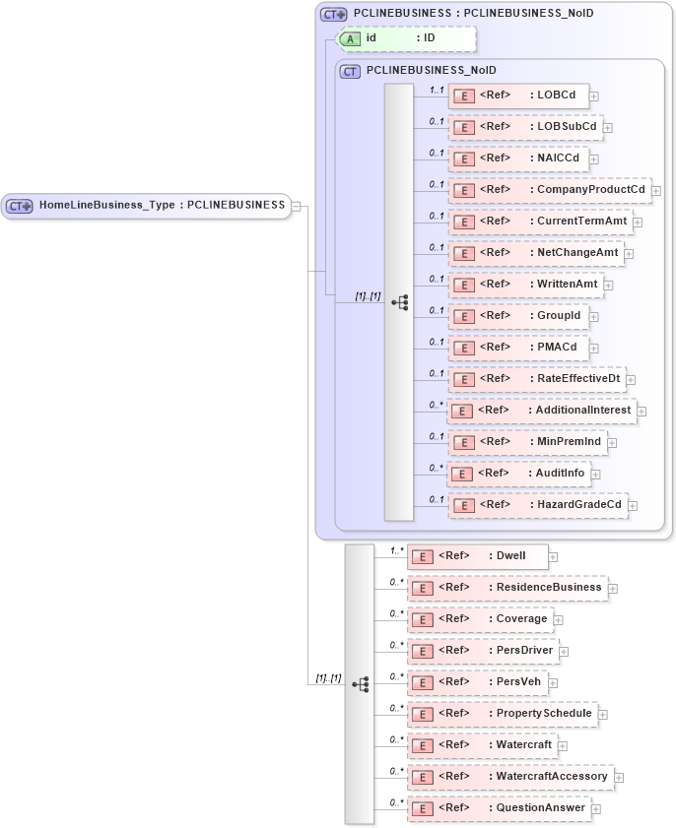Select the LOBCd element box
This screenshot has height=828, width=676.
point(518,96)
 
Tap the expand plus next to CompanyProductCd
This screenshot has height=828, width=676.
point(656,190)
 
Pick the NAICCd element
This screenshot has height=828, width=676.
point(518,159)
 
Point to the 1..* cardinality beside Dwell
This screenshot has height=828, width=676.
point(397,550)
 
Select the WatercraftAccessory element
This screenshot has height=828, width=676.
point(510,777)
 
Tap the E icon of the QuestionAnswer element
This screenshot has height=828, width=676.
point(421,808)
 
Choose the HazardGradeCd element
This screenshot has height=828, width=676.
point(538,505)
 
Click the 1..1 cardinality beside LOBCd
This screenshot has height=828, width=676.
point(437,90)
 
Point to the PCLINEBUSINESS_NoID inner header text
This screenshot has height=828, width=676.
point(431,71)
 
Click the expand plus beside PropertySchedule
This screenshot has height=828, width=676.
point(603,714)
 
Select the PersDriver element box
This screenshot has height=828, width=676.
point(483,651)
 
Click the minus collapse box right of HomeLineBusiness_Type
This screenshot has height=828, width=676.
point(296,207)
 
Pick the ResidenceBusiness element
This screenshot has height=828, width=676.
point(507,588)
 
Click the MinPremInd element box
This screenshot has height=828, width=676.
point(527,442)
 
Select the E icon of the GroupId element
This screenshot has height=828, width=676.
point(462,316)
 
